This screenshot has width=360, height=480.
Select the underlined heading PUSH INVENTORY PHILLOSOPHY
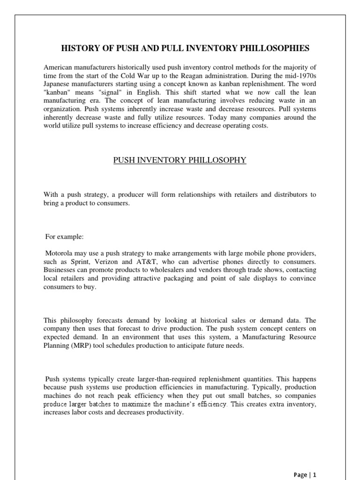(x=180, y=160)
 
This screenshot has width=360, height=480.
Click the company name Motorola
(x=60, y=253)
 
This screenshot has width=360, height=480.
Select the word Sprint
(x=78, y=262)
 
